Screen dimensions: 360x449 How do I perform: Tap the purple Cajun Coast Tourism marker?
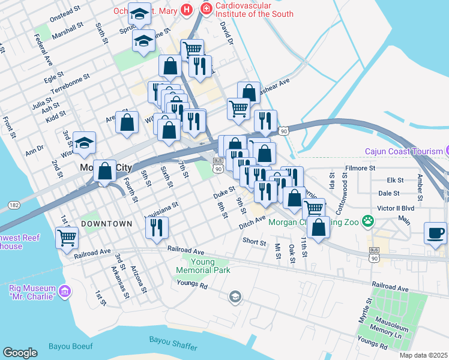[x=447, y=151]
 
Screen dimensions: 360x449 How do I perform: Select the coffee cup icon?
[x=435, y=233]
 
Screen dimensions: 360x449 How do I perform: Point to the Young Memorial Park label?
[x=210, y=266]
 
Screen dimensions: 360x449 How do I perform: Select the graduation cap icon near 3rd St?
[x=84, y=143]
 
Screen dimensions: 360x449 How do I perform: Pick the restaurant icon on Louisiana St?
[x=157, y=227]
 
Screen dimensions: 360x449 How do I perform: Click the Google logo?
[x=20, y=353]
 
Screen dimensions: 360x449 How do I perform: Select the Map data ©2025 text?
[x=423, y=355]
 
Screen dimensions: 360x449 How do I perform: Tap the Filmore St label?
[x=360, y=169]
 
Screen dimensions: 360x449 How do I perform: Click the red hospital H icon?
[x=187, y=10]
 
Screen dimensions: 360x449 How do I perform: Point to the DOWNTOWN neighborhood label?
[x=106, y=224]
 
